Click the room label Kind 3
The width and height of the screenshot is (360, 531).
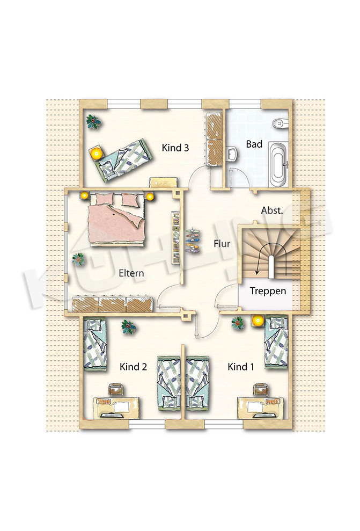point(175,148)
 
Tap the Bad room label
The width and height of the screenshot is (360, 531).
point(254,144)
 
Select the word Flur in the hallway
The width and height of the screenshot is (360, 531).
point(222,244)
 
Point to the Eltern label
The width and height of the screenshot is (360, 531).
point(131,273)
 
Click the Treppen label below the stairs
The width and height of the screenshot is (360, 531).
point(268,291)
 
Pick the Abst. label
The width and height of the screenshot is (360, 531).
point(271,210)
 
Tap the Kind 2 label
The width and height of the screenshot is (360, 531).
point(133,366)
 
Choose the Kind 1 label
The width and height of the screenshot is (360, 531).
point(241,366)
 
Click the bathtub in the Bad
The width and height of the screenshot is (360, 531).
point(279,165)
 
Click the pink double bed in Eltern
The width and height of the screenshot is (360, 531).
point(117,220)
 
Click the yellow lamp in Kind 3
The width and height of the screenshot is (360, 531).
point(97,154)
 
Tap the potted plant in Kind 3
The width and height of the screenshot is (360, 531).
point(93,121)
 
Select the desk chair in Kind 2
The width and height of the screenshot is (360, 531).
point(116,389)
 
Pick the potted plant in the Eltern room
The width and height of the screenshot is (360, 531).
point(78,259)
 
